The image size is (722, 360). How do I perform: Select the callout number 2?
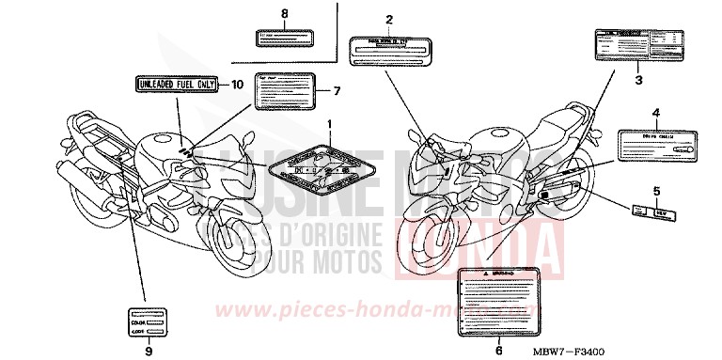(388, 19)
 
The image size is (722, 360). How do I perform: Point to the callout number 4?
(655, 112)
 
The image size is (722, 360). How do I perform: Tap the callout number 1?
(329, 125)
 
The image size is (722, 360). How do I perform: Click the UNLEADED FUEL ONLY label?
(176, 85)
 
